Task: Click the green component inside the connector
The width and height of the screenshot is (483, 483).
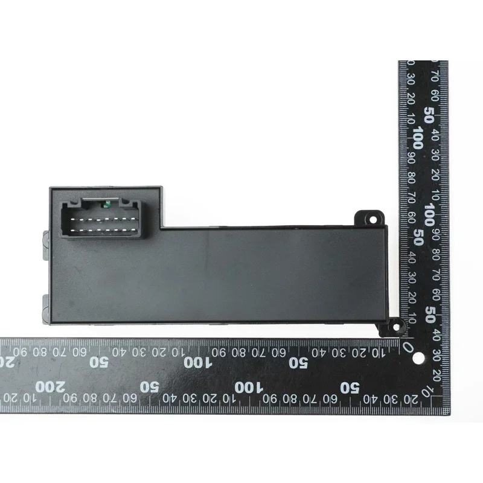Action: tap(107, 204)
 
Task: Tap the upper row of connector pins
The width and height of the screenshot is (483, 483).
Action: tap(104, 219)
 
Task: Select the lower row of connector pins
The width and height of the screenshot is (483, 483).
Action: tap(104, 230)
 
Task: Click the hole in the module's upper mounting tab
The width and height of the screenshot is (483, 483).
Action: tap(373, 220)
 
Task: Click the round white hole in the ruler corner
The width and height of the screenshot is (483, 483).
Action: tap(418, 358)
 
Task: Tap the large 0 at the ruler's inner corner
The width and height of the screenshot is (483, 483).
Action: tap(408, 348)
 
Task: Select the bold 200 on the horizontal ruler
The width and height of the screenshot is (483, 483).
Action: tap(50, 386)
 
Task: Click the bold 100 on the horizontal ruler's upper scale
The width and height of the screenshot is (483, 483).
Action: tap(198, 363)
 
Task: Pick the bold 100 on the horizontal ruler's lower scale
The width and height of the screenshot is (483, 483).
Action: tap(249, 388)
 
